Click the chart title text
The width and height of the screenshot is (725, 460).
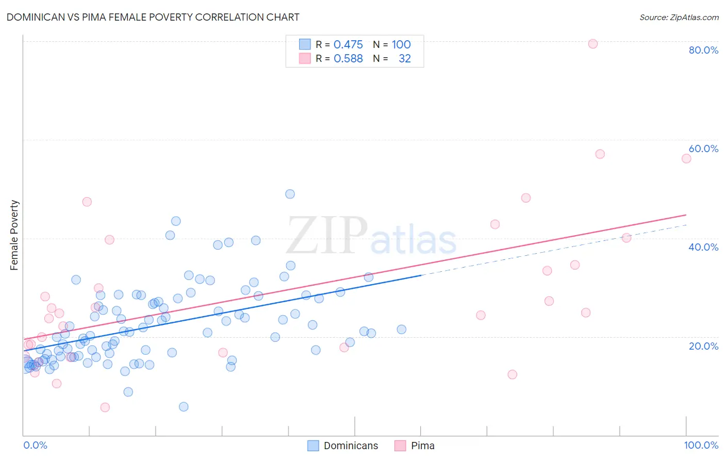pyautogui.click(x=153, y=17)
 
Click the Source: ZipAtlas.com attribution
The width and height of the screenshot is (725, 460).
pyautogui.click(x=679, y=18)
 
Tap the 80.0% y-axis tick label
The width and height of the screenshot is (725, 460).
pyautogui.click(x=703, y=50)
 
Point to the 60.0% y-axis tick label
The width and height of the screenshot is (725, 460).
pyautogui.click(x=703, y=149)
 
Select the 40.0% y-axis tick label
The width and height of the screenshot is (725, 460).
pyautogui.click(x=703, y=247)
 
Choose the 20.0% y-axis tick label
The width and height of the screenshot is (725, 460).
pyautogui.click(x=703, y=346)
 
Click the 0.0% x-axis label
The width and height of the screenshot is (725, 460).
pyautogui.click(x=35, y=445)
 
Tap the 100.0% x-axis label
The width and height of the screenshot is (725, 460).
pyautogui.click(x=701, y=445)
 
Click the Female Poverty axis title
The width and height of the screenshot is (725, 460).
pyautogui.click(x=14, y=235)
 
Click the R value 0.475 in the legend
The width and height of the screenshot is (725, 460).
pyautogui.click(x=348, y=45)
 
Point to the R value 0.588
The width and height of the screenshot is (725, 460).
pyautogui.click(x=348, y=59)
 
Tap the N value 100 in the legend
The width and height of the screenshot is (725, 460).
pyautogui.click(x=401, y=45)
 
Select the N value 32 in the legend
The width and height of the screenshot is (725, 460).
pyautogui.click(x=405, y=59)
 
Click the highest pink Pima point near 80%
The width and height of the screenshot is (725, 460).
pyautogui.click(x=593, y=44)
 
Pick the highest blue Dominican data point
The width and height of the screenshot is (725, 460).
pyautogui.click(x=290, y=194)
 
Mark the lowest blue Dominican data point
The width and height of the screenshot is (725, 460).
pyautogui.click(x=184, y=407)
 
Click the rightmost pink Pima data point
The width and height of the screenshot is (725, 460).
pyautogui.click(x=686, y=158)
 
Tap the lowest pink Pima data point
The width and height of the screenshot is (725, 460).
pyautogui.click(x=105, y=407)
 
